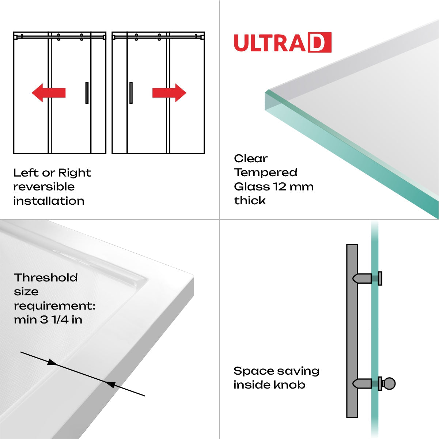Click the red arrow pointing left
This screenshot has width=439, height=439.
tap(48, 93)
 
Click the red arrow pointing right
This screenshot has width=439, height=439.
tap(169, 93)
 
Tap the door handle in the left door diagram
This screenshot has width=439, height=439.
tap(87, 93)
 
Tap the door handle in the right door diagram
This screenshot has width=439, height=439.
tap(131, 93)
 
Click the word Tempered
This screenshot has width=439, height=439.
tap(266, 173)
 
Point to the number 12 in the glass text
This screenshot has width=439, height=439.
tap(280, 187)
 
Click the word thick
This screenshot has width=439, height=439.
tap(250, 201)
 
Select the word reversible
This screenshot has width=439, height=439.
tap(44, 187)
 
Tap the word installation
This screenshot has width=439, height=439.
tap(49, 201)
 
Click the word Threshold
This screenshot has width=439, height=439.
tap(46, 278)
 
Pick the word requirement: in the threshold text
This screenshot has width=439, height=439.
tap(54, 306)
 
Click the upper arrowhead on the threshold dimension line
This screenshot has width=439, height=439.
tap(53, 363)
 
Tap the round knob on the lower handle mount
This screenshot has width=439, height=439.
tap(389, 384)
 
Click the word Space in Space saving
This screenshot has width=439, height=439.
tap(251, 371)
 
